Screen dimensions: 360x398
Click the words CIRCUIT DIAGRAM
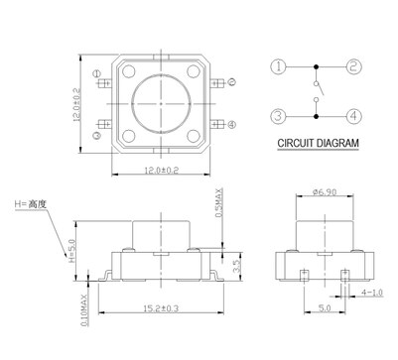318,144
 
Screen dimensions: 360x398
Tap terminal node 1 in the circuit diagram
280,67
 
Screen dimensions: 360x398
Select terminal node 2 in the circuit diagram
352,67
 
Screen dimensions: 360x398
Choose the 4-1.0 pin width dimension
372,293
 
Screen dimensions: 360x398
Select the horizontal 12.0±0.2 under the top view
161,171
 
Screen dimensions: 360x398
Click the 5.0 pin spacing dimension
324,308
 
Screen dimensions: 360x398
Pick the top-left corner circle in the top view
129,70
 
